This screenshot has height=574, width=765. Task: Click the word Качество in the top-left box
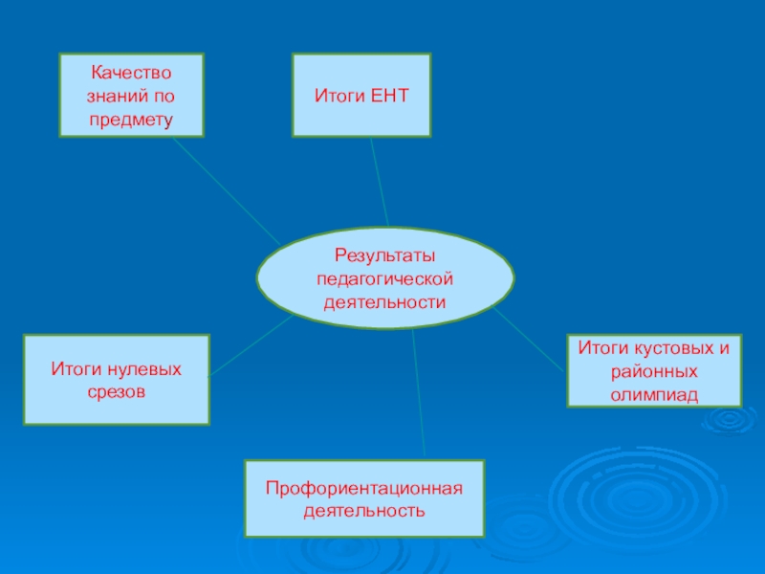coord(131,73)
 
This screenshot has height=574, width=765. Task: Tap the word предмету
coord(131,120)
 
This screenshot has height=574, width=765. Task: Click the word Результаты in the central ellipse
coord(384,255)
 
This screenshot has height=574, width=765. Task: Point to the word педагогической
coord(384,278)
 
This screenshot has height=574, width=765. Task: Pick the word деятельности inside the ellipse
coord(384,301)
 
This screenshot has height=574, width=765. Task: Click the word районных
coord(654,371)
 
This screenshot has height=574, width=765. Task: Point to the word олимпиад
coord(654,394)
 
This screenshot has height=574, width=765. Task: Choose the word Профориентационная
coord(364,489)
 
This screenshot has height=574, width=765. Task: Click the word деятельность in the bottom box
coord(364,512)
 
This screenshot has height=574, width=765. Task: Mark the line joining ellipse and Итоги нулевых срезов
coord(251,346)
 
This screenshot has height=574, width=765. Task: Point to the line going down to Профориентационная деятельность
coord(418,392)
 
